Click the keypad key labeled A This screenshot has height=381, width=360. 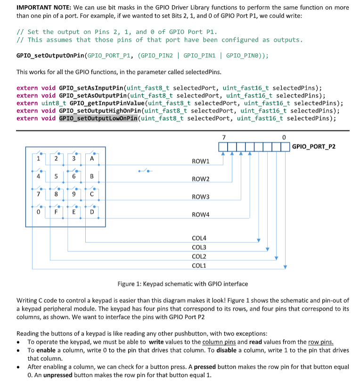coord(92,159)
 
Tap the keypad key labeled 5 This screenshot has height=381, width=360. coord(56,177)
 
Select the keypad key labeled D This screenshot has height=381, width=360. coord(92,213)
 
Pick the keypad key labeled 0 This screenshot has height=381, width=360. coord(38,213)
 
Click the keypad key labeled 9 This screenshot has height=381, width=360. coord(74,195)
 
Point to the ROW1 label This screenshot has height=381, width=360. coord(201,161)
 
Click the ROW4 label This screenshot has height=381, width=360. coord(201,215)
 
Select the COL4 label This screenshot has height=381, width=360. coord(200,239)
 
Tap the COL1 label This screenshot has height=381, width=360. coord(200,266)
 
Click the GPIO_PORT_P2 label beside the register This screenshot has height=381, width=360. coord(314,146)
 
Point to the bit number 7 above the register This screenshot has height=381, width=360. coord(223,137)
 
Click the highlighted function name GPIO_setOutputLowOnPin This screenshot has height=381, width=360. coord(98,118)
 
